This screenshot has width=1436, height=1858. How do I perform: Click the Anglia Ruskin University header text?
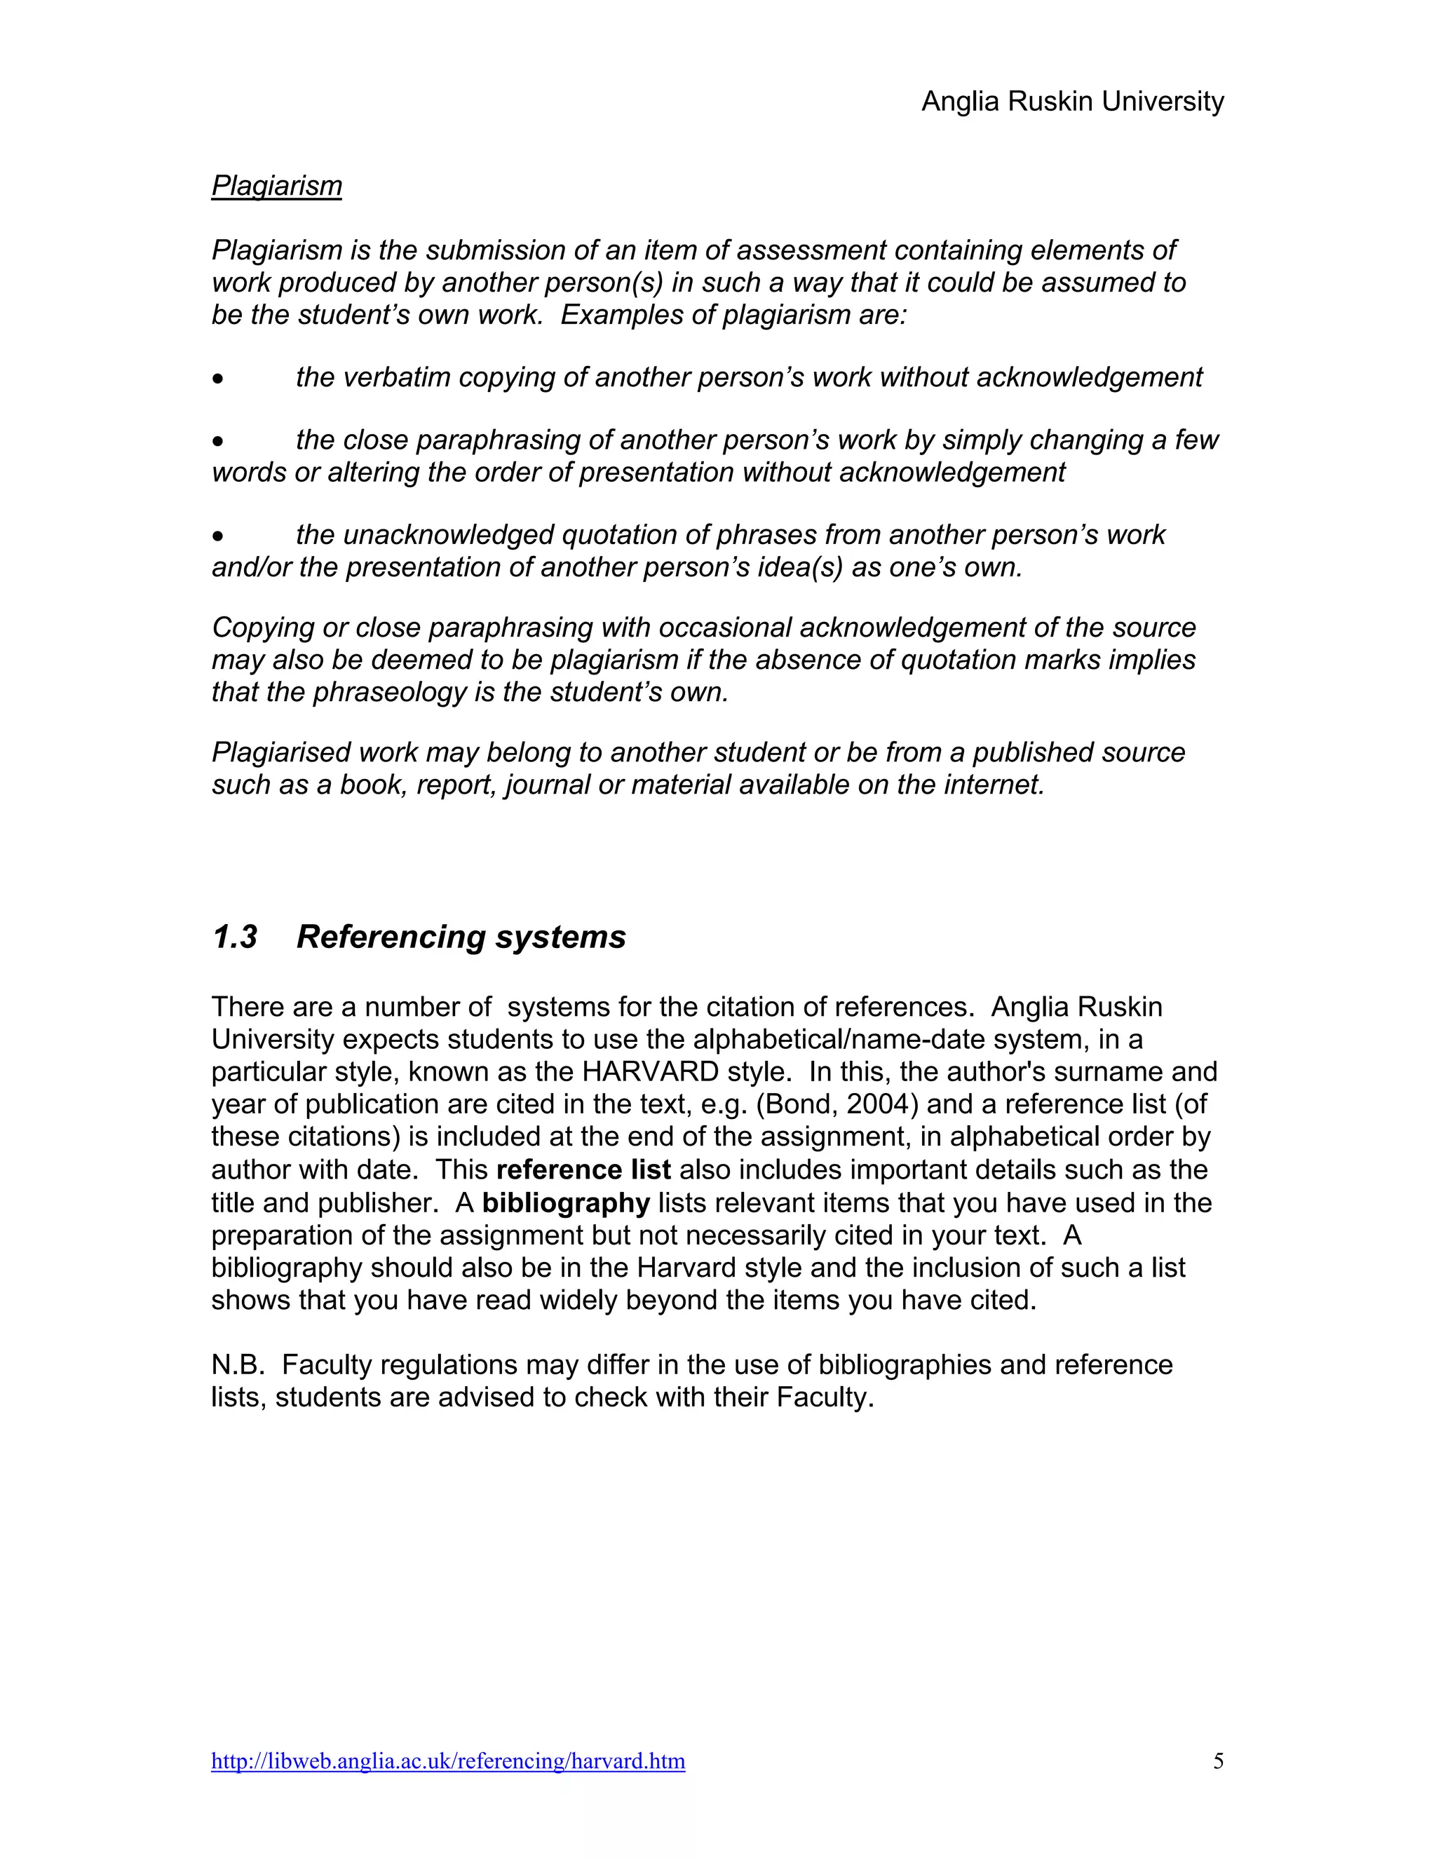click(1072, 101)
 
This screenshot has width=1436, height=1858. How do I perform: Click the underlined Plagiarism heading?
click(276, 186)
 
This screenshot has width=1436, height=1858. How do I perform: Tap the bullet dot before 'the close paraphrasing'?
click(219, 441)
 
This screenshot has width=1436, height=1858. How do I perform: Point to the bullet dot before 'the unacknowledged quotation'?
click(219, 536)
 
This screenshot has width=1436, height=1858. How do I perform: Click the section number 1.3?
click(234, 937)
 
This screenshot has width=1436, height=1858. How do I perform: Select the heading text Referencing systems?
click(461, 937)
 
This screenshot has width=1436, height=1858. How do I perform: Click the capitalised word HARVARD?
click(651, 1071)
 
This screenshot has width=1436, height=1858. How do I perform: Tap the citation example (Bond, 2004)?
click(837, 1104)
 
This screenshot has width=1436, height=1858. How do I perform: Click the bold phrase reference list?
click(583, 1169)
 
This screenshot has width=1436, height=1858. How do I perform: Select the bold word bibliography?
click(566, 1203)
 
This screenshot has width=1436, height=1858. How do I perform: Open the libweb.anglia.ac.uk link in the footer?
click(447, 1761)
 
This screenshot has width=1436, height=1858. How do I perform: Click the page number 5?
click(1218, 1761)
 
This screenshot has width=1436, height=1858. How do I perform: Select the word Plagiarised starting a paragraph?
click(280, 752)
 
